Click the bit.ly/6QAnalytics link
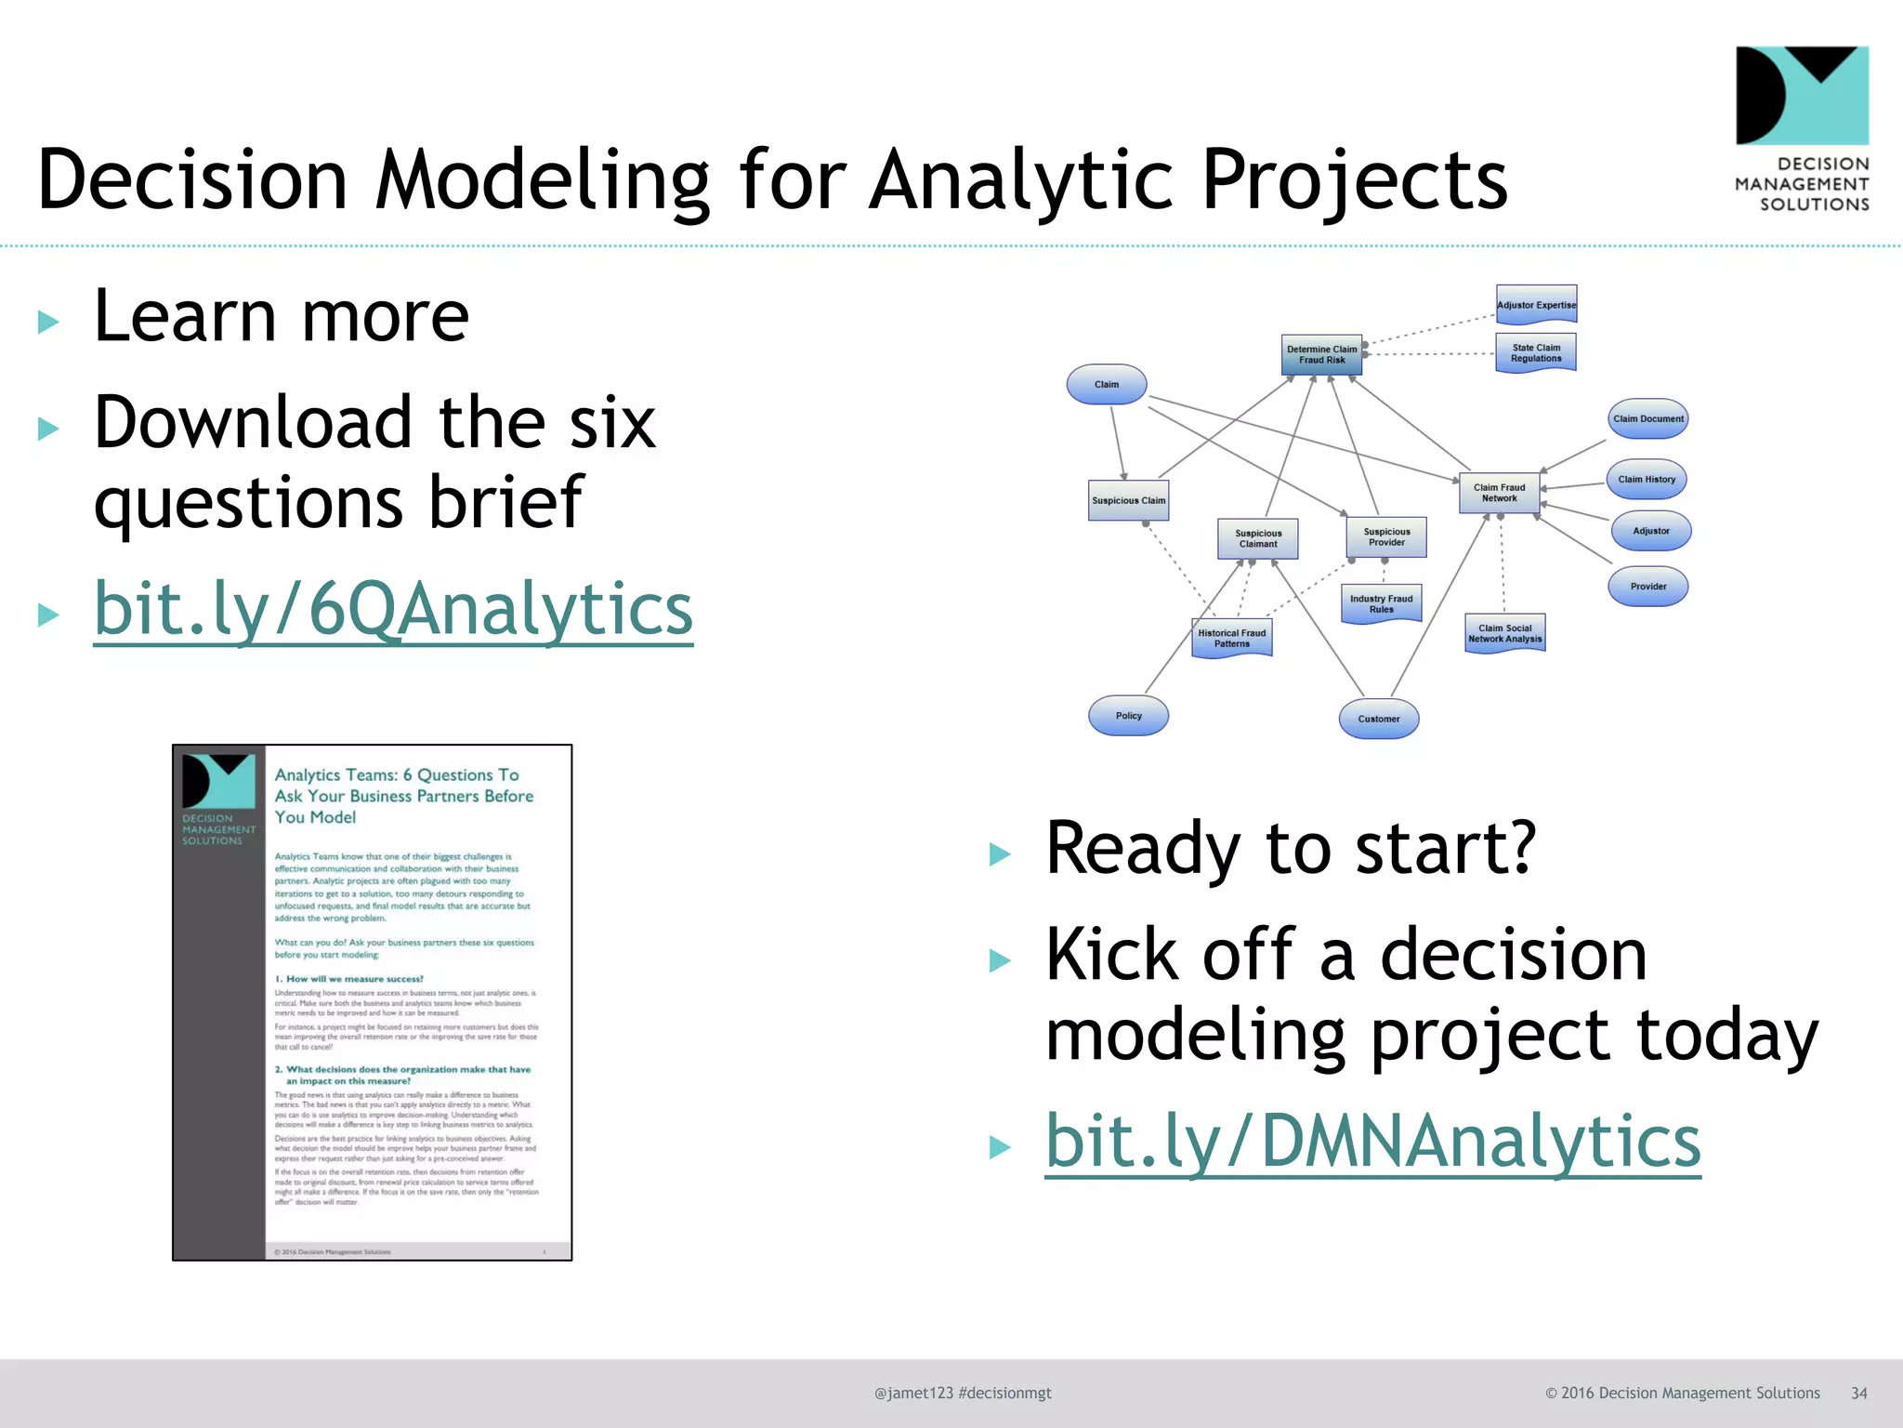tap(393, 609)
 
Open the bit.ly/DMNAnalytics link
tap(1372, 1142)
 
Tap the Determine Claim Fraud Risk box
tap(1321, 354)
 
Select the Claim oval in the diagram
tap(1106, 384)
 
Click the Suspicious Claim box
tap(1128, 500)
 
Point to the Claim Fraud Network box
tap(1499, 493)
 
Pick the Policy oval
tap(1128, 716)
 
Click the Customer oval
tap(1378, 719)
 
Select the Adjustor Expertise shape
tap(1536, 304)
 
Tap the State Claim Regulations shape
tap(1536, 353)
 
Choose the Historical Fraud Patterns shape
tap(1231, 638)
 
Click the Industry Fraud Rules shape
tap(1381, 604)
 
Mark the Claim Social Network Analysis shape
tap(1504, 633)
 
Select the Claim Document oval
tap(1647, 418)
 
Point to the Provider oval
tap(1647, 587)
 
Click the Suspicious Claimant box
tap(1257, 538)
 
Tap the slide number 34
tap(1858, 1393)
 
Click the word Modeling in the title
tap(542, 179)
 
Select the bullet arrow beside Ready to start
tap(1000, 853)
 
